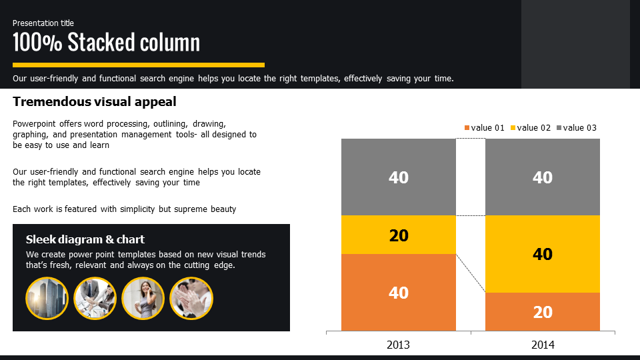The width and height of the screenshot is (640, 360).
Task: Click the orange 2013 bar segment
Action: point(399,292)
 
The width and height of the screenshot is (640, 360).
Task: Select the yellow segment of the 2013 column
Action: point(399,235)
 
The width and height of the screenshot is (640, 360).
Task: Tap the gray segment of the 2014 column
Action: point(543,177)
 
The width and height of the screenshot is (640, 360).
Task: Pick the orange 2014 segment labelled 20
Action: point(543,311)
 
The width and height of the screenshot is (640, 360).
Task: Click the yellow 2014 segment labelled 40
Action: point(543,254)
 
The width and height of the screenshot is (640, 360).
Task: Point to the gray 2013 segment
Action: point(399,177)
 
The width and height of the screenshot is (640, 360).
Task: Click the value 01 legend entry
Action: point(485,128)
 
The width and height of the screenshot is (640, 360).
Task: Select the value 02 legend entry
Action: point(531,128)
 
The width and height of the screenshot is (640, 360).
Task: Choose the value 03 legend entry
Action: point(576,128)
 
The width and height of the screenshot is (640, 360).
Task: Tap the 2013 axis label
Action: point(398,345)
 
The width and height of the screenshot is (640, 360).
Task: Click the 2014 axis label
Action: point(543,345)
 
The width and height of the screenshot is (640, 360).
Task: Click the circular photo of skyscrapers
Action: point(47,299)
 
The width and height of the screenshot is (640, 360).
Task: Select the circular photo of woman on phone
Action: point(143,299)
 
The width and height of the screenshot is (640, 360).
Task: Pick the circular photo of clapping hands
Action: point(191,299)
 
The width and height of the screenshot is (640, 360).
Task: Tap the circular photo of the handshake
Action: point(95,299)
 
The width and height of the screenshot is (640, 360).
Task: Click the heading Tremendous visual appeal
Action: point(94,101)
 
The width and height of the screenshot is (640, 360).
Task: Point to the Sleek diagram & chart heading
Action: point(85,239)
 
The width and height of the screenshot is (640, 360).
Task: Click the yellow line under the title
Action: point(139,65)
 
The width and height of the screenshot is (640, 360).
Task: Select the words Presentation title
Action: point(43,23)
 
